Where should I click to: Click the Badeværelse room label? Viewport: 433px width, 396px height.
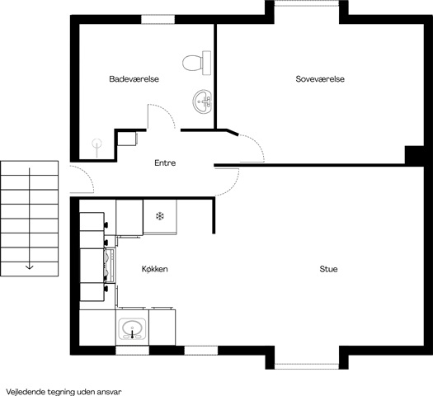click(x=134, y=79)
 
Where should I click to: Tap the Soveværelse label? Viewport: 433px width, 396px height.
click(x=320, y=79)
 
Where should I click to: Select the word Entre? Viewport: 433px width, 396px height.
click(x=165, y=163)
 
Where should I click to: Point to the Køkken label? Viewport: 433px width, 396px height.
click(x=155, y=269)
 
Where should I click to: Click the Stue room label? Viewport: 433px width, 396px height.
click(x=328, y=269)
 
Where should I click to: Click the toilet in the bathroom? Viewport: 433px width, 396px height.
click(x=197, y=63)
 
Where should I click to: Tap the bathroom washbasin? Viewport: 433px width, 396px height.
click(x=202, y=101)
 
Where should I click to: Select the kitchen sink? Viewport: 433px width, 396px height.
click(x=132, y=328)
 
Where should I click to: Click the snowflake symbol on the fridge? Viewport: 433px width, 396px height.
click(x=160, y=216)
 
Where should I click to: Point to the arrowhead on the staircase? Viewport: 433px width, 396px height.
click(x=29, y=267)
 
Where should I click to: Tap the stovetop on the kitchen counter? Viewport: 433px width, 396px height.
click(x=110, y=266)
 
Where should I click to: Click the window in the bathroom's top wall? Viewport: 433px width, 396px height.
click(x=158, y=19)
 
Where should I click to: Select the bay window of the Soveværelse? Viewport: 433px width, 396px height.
click(x=307, y=3)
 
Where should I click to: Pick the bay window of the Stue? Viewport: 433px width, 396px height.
click(x=307, y=366)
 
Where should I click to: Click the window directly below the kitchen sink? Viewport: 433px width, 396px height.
click(x=132, y=351)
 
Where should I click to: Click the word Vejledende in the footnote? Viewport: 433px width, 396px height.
click(x=26, y=392)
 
